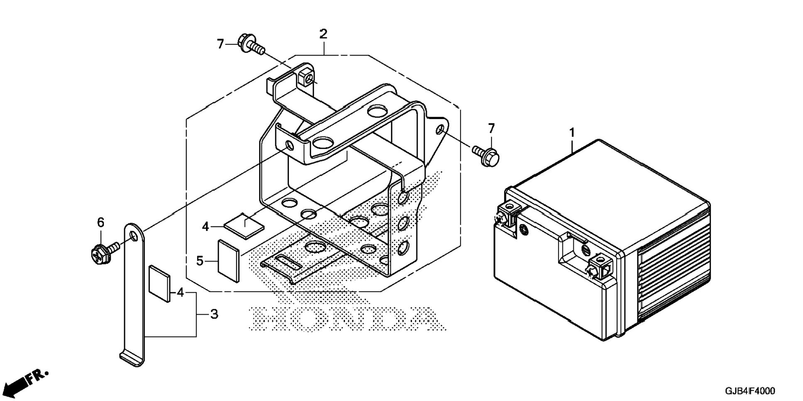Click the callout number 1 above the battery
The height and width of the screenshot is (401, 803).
572,133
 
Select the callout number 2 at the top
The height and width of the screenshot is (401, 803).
323,34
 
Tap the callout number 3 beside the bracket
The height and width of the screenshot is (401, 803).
214,314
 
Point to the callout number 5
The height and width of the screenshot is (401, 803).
200,261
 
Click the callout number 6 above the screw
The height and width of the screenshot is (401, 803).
100,223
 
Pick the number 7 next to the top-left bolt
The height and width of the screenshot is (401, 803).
220,44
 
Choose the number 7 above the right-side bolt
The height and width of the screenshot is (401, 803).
491,128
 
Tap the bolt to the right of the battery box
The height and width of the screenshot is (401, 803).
486,154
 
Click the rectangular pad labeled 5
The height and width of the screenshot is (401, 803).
229,260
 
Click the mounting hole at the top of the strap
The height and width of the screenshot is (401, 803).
133,236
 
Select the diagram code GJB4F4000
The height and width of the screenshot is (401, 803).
749,391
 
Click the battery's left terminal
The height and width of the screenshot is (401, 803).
505,213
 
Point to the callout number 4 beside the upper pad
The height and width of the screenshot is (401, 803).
206,227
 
